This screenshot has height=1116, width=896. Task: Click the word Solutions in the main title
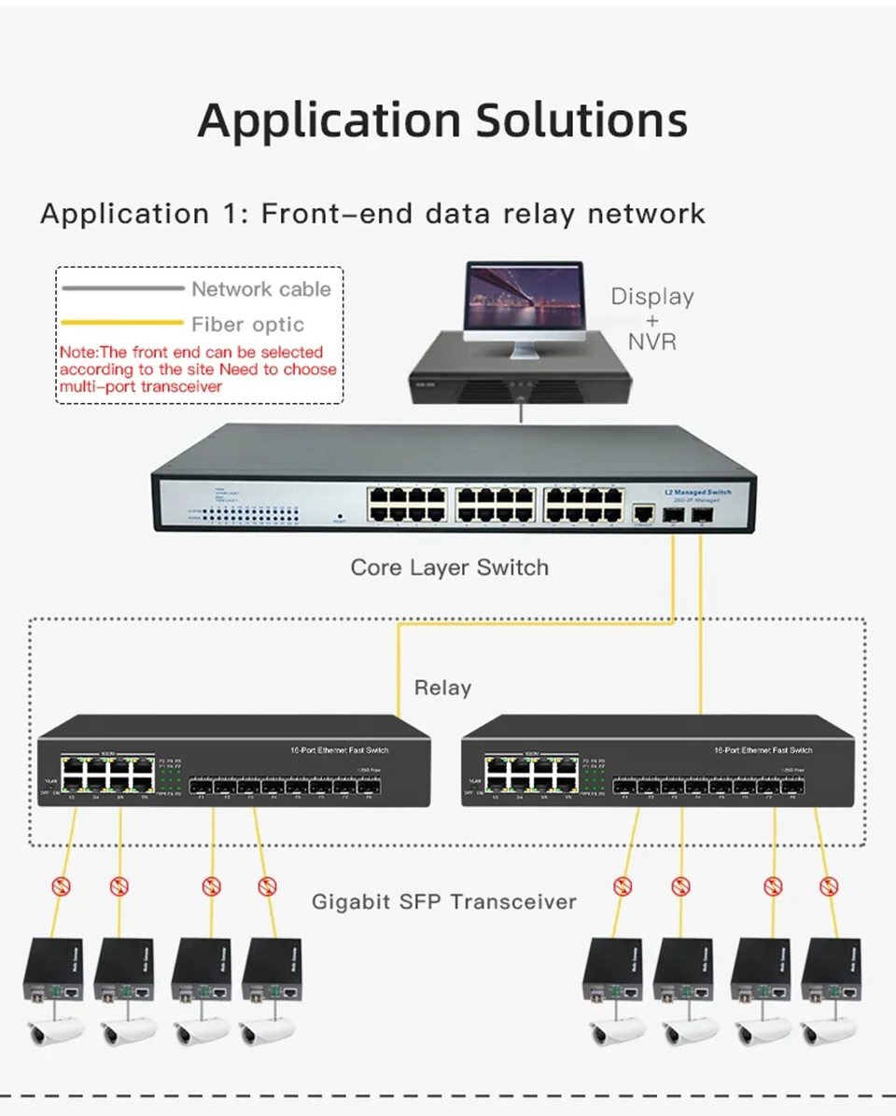[x=581, y=121]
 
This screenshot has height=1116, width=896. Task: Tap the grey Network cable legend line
[x=122, y=288]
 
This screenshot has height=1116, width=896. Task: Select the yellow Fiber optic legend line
[x=122, y=324]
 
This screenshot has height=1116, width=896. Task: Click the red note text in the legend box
[x=197, y=369]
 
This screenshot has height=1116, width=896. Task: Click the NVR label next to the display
[x=651, y=342]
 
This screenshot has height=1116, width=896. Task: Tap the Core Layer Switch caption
[x=449, y=567]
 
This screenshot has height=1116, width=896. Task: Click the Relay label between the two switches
[x=442, y=688]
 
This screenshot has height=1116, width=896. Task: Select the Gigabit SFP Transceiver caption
[x=443, y=901]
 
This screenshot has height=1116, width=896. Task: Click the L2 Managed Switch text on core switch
[x=697, y=492]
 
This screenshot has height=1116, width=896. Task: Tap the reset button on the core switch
[x=339, y=515]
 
